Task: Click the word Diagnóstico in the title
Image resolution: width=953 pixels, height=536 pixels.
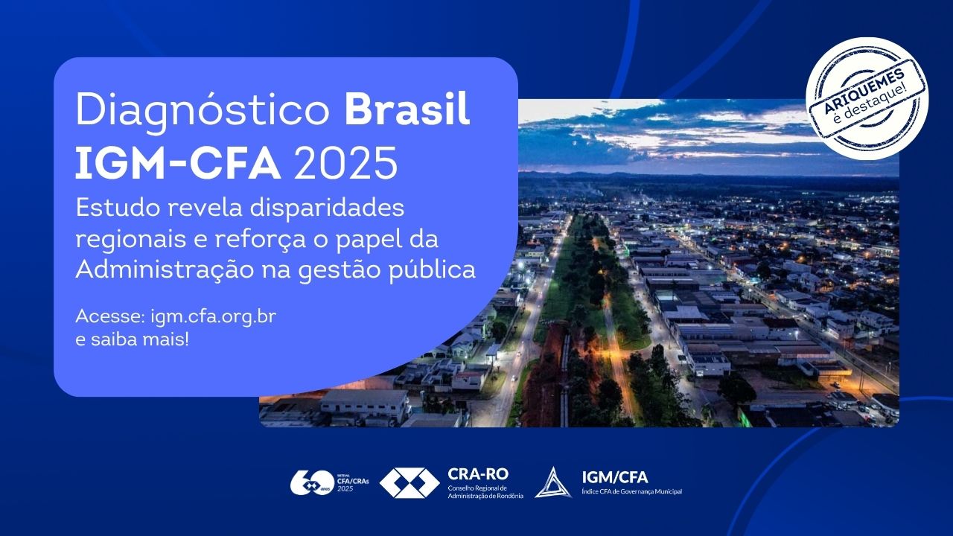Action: [x=203, y=109]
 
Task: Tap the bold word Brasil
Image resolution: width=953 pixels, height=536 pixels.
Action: [x=407, y=108]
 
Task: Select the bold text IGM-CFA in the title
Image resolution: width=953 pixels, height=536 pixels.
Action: [x=178, y=163]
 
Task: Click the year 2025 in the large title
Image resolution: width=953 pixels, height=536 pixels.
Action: [x=345, y=163]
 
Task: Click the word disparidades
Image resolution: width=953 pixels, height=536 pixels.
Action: [x=327, y=208]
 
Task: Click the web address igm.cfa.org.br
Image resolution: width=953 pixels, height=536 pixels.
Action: [x=214, y=316]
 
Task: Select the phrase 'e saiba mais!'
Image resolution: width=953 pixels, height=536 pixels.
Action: [x=132, y=340]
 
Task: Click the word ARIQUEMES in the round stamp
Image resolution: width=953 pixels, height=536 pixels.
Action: [x=864, y=91]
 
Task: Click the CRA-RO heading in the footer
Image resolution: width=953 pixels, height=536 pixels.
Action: [x=478, y=474]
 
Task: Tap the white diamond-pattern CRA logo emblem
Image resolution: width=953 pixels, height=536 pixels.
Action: [x=409, y=483]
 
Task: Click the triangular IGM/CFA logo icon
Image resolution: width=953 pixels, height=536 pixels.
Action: [x=553, y=482]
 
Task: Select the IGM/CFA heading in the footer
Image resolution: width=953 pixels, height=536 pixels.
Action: [x=615, y=478]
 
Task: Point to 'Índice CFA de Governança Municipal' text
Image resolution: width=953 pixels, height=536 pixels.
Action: [x=632, y=492]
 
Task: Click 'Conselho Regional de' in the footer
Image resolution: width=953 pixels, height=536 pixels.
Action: [x=477, y=488]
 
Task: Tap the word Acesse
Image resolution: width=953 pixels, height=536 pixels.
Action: [x=111, y=316]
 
